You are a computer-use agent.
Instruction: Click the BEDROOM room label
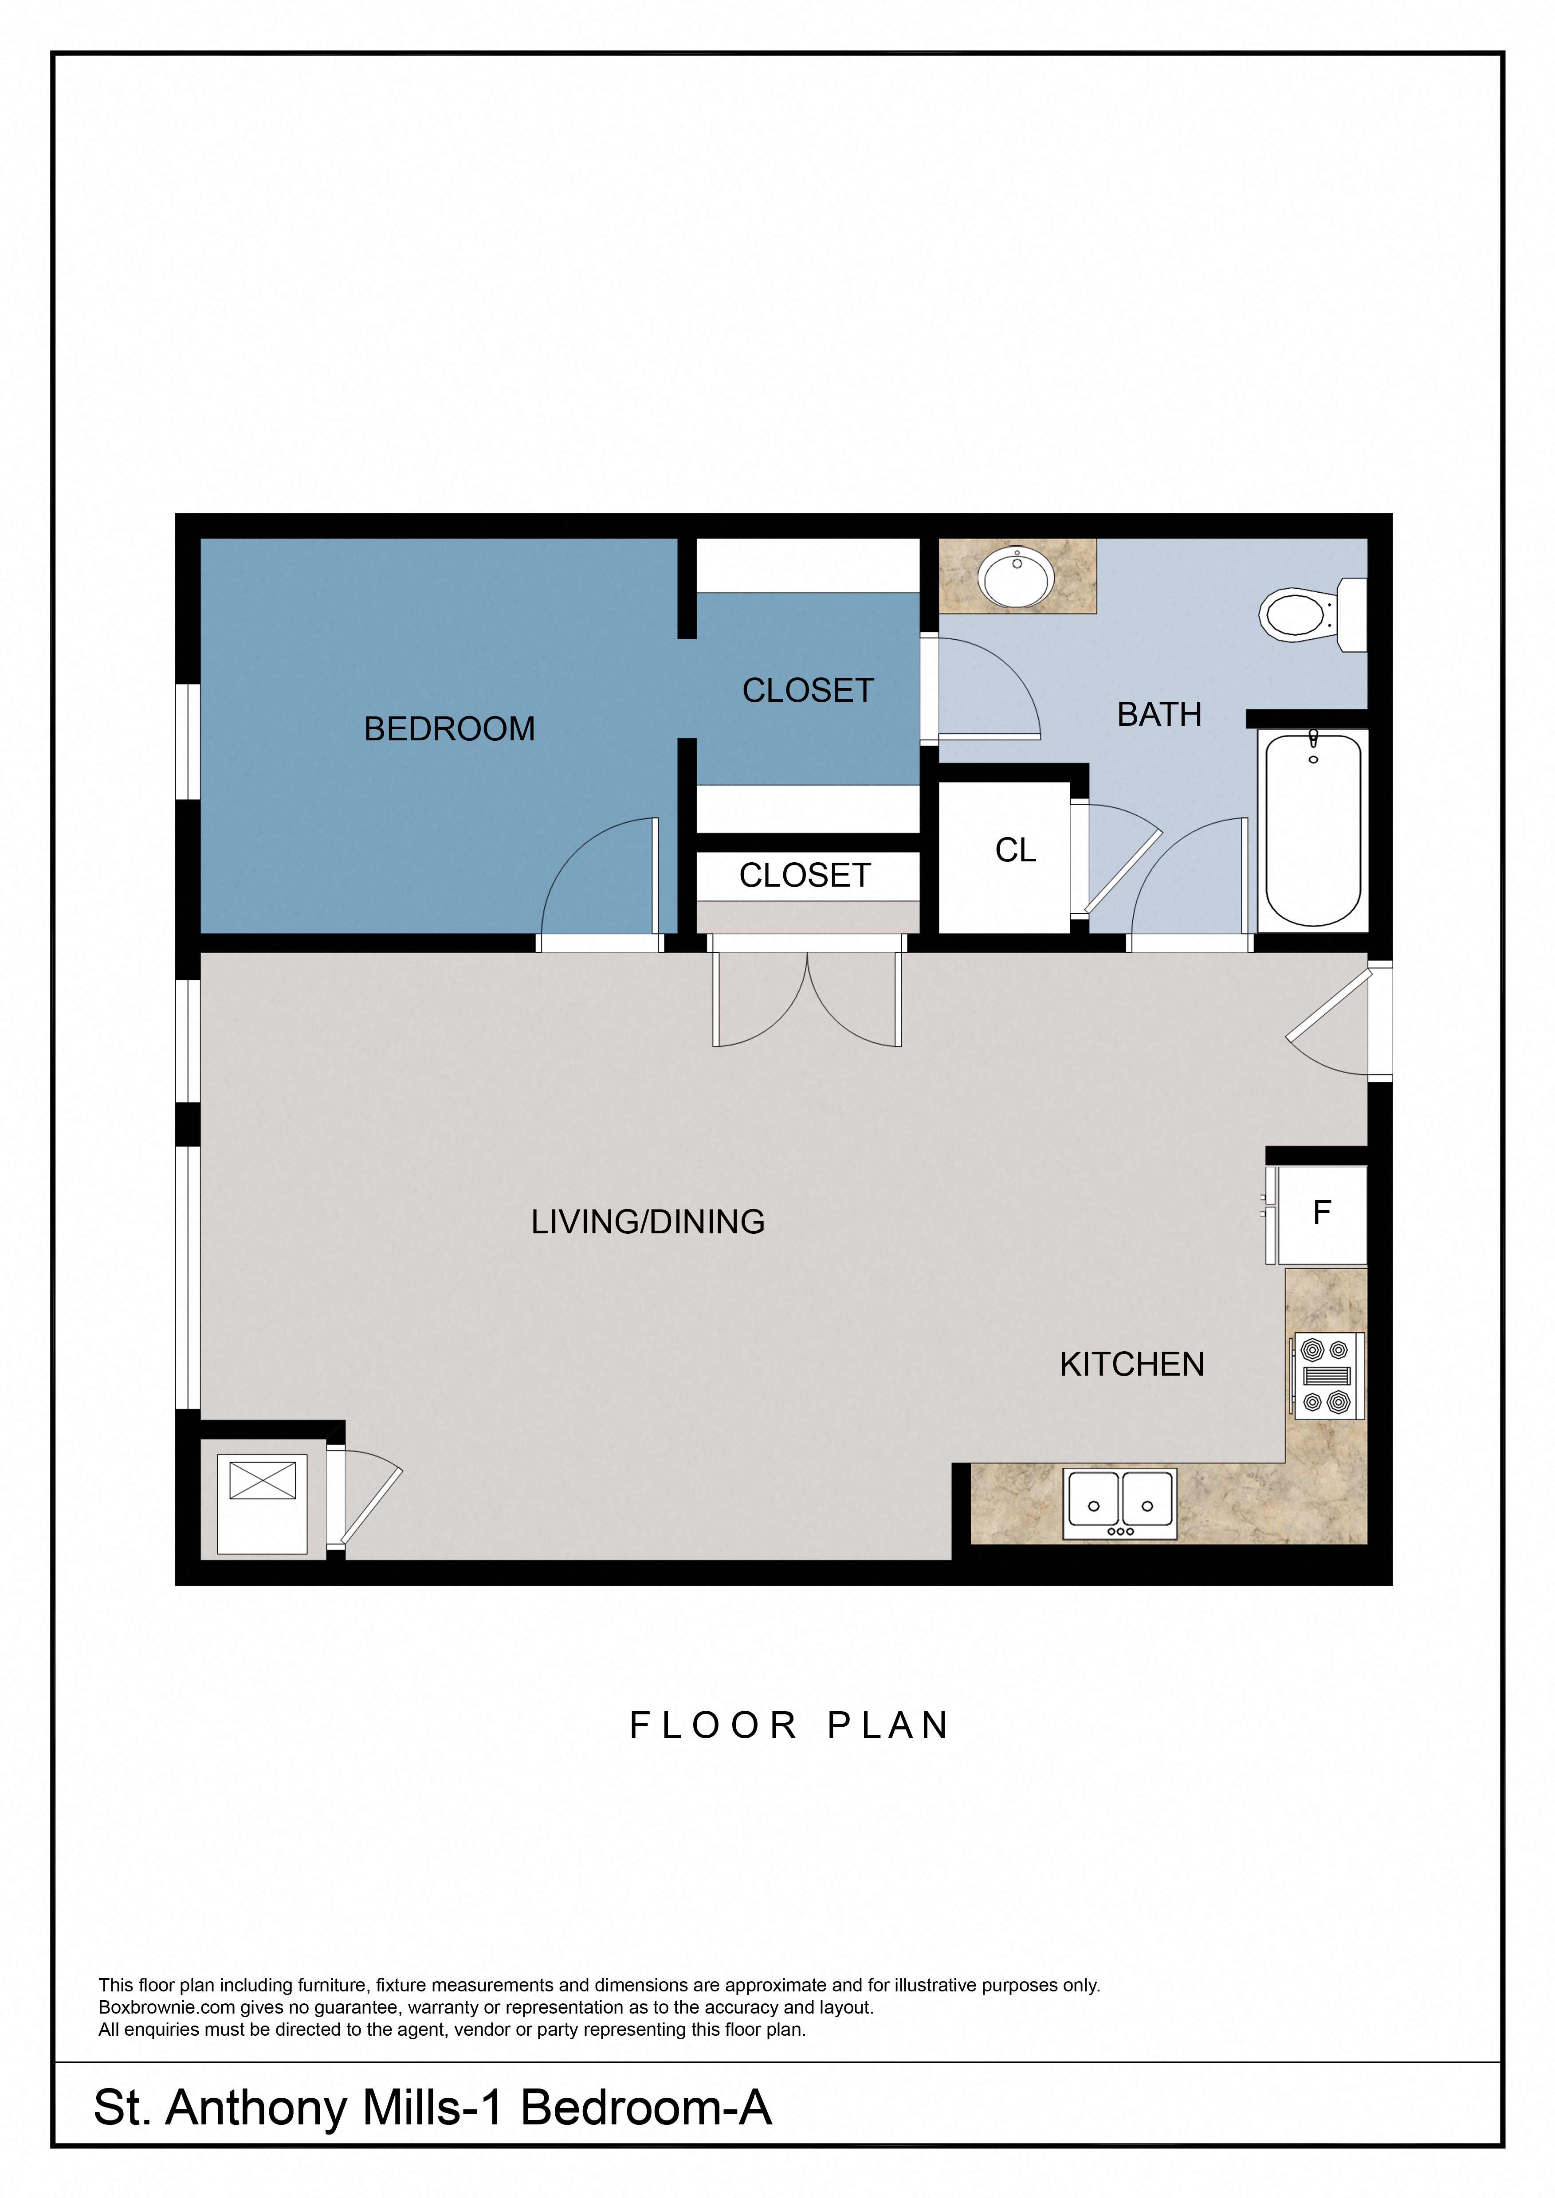click(x=449, y=728)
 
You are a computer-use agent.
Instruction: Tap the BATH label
click(x=1158, y=714)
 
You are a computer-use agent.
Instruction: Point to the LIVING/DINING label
click(x=648, y=1221)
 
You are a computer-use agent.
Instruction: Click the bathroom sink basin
click(x=1016, y=577)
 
